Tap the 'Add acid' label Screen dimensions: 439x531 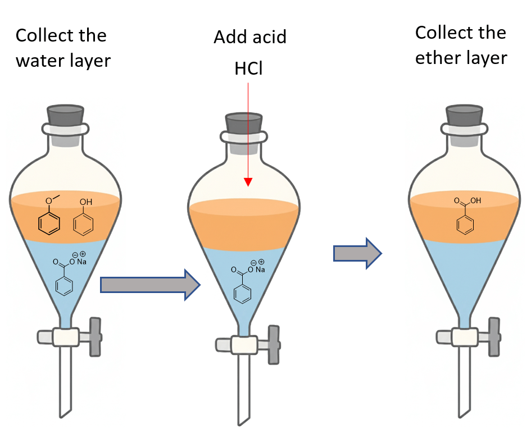pyautogui.click(x=249, y=38)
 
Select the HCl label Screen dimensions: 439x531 pyautogui.click(x=248, y=69)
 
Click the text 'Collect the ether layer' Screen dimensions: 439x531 pyautogui.click(x=461, y=45)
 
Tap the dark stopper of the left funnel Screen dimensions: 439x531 pyautogui.click(x=65, y=116)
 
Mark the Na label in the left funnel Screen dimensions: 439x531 pyautogui.click(x=82, y=262)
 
